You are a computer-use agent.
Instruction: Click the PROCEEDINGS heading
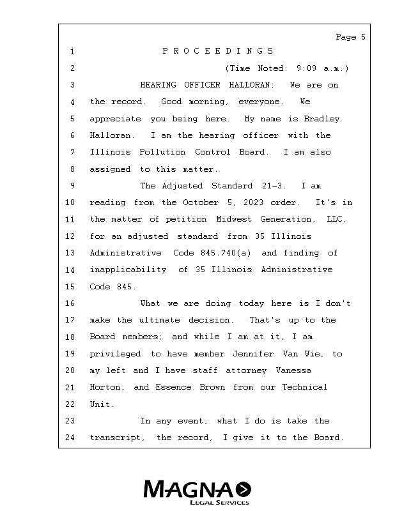tap(218, 51)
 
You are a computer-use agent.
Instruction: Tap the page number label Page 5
tap(350, 37)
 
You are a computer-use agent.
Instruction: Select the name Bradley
tap(318, 119)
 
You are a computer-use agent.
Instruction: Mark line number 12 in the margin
tap(70, 236)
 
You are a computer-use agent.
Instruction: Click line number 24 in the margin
tap(70, 438)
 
